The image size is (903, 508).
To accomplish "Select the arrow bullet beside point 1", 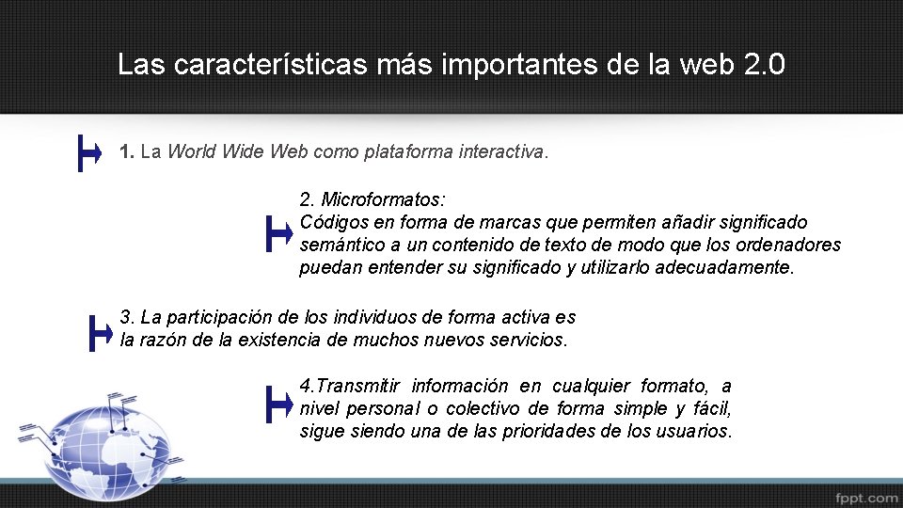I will (89, 152).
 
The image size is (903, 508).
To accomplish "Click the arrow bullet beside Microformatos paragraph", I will (279, 233).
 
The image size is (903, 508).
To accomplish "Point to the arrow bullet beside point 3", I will (98, 332).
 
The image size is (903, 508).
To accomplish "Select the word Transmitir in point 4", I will (359, 386).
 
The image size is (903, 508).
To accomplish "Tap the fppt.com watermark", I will (865, 496).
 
